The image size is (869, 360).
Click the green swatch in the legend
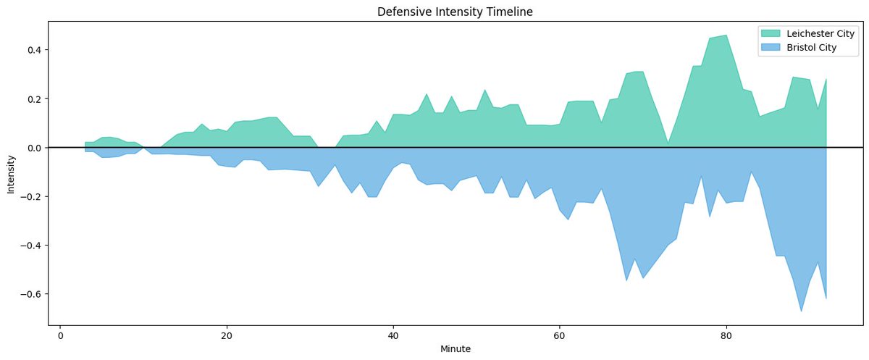(771, 34)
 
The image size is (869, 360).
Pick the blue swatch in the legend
(771, 47)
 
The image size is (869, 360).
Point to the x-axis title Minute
(456, 349)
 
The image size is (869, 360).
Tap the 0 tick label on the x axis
(60, 335)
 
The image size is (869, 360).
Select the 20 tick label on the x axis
(227, 335)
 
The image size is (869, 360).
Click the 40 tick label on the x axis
(393, 335)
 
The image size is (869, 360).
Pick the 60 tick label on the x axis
(559, 335)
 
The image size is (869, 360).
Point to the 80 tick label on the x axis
(726, 335)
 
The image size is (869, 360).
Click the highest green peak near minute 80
(726, 35)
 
